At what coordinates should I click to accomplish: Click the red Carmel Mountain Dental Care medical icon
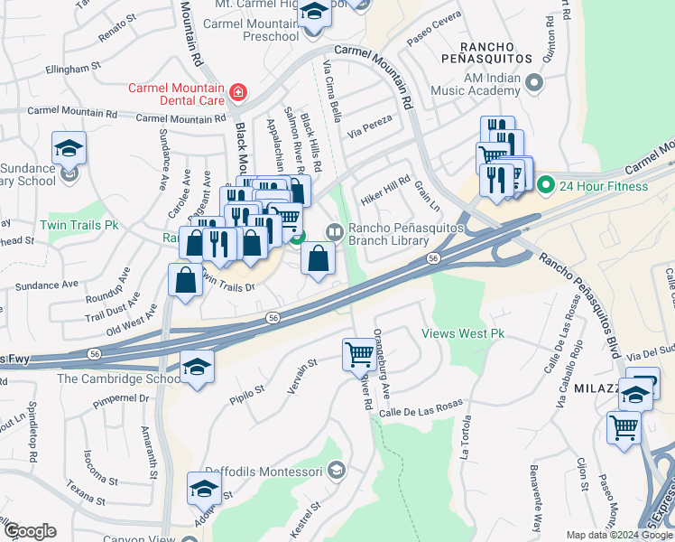(237, 92)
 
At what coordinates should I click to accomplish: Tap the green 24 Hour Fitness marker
(545, 187)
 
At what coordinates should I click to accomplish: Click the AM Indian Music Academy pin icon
(533, 84)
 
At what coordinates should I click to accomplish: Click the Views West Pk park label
(463, 333)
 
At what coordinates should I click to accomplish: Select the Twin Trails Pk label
(79, 224)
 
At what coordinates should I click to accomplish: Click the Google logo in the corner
(29, 530)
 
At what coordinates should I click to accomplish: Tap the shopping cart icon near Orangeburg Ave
(359, 353)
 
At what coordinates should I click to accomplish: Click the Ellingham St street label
(65, 68)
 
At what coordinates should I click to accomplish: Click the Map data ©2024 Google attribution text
(618, 535)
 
